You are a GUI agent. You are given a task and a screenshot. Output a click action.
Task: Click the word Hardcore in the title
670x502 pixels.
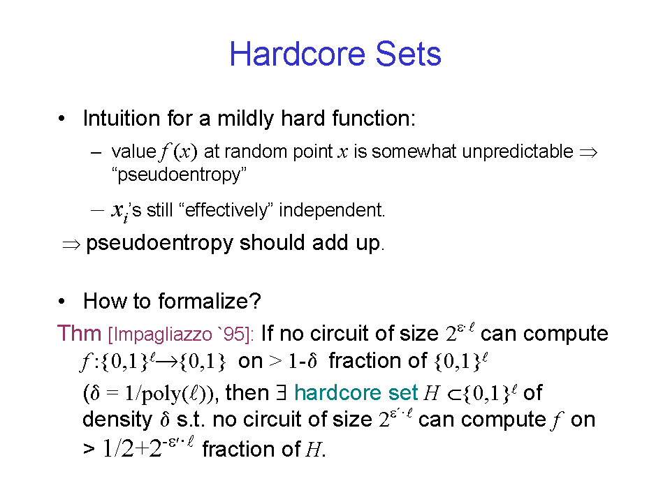pos(298,54)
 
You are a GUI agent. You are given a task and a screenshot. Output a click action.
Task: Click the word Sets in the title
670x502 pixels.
pos(408,54)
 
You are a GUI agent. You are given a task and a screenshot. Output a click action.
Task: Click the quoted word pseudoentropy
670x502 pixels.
pos(179,175)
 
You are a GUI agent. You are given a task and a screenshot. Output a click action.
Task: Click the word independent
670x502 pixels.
pos(332,210)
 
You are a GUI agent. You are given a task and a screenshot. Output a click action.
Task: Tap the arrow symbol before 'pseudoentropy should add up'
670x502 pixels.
pos(71,244)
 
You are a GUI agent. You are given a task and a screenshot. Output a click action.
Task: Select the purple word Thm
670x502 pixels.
pos(79,333)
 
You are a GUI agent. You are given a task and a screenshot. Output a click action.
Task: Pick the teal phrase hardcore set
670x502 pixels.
pos(356,392)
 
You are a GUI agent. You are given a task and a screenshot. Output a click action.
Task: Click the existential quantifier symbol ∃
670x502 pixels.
pos(281,392)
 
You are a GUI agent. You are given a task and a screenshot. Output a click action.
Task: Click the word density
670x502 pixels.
pos(117,420)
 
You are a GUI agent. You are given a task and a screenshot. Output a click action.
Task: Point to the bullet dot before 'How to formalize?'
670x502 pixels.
pos(62,302)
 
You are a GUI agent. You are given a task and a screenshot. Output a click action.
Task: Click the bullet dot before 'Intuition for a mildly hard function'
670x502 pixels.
pos(62,118)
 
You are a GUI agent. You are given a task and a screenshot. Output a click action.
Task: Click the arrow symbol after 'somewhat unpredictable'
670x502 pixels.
pos(588,152)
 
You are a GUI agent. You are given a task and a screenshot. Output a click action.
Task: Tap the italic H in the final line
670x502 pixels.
pos(313,450)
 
